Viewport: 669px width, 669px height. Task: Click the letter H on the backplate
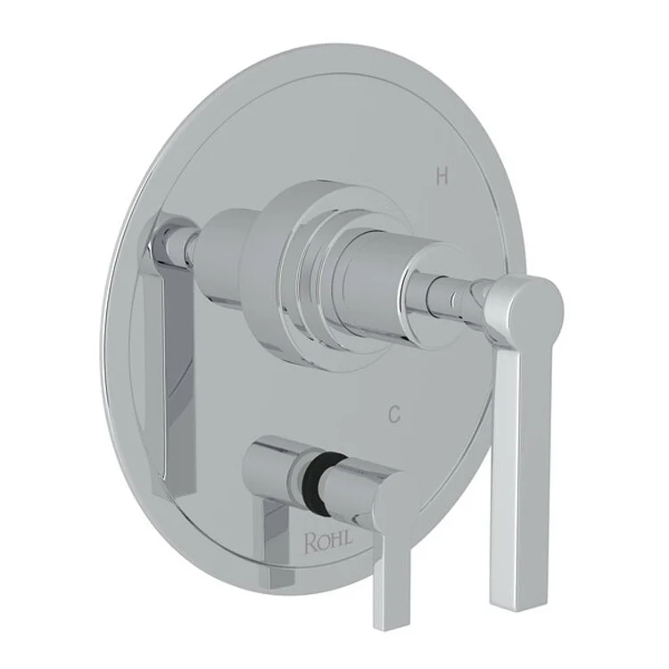coord(441,178)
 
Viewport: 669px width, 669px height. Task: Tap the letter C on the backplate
coord(392,414)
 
